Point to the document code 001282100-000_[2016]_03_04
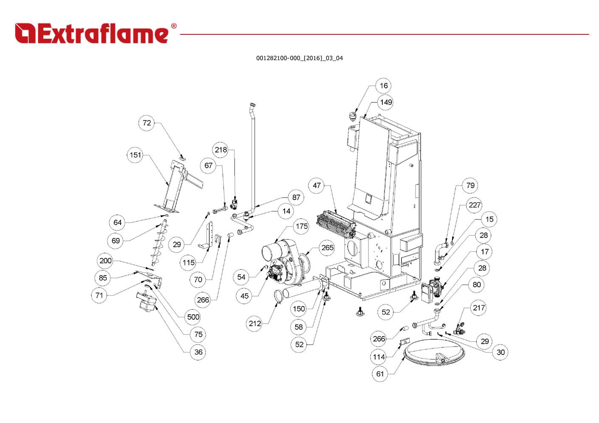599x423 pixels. pyautogui.click(x=299, y=58)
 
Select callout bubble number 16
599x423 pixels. pyautogui.click(x=384, y=86)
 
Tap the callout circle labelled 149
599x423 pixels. pyautogui.click(x=386, y=102)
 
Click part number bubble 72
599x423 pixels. pyautogui.click(x=147, y=123)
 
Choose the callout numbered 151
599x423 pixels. pyautogui.click(x=135, y=155)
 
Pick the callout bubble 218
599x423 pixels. pyautogui.click(x=221, y=150)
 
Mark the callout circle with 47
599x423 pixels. pyautogui.click(x=317, y=186)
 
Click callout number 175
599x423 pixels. pyautogui.click(x=302, y=226)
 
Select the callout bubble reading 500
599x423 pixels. pyautogui.click(x=193, y=317)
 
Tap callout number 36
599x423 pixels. pyautogui.click(x=198, y=352)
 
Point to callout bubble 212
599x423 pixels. pyautogui.click(x=255, y=324)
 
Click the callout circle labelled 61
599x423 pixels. pyautogui.click(x=380, y=374)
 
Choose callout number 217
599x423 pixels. pyautogui.click(x=479, y=308)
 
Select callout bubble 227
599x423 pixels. pyautogui.click(x=475, y=205)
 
